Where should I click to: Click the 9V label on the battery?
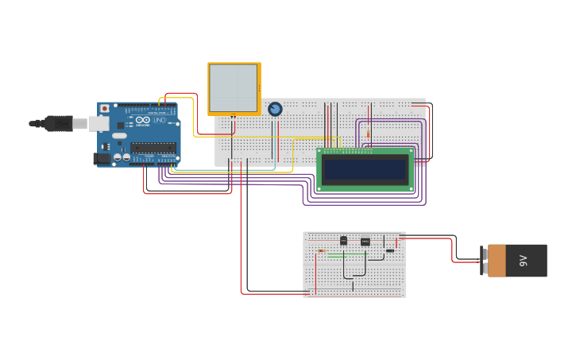point(524,261)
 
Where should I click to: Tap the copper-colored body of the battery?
point(497,261)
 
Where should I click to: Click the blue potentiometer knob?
point(275,109)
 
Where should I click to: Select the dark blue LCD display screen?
point(365,169)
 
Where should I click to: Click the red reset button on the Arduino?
point(104,108)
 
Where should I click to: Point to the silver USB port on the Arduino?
point(98,123)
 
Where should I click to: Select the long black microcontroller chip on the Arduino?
point(153,146)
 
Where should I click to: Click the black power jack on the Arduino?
point(101,159)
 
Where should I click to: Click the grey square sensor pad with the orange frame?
point(234,88)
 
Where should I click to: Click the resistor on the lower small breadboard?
point(322,251)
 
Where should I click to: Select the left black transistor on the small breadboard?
point(343,241)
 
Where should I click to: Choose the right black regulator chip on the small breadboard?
point(365,242)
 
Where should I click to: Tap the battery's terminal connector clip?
point(484,261)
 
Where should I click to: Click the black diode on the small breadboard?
point(389,251)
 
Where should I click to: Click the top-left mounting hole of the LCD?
point(320,152)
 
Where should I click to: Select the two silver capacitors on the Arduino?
point(122,157)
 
